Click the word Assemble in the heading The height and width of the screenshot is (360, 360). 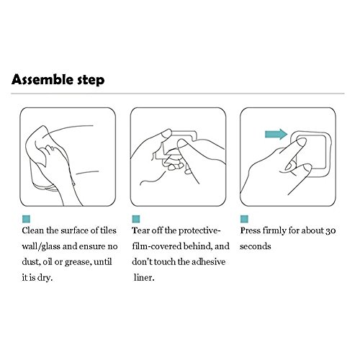(42, 79)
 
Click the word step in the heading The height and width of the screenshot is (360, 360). (91, 81)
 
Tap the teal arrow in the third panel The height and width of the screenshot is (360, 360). (276, 134)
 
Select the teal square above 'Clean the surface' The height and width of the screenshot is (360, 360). (26, 219)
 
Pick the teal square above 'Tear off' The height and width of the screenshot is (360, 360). (136, 219)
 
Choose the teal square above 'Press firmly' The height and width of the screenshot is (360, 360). (244, 219)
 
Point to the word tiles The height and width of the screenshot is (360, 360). (108, 230)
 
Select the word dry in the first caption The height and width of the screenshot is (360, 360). (45, 278)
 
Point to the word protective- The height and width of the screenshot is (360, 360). (199, 231)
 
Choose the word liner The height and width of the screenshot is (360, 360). (144, 278)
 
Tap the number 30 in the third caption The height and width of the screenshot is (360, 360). (330, 231)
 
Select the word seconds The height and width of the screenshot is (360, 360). (256, 246)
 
